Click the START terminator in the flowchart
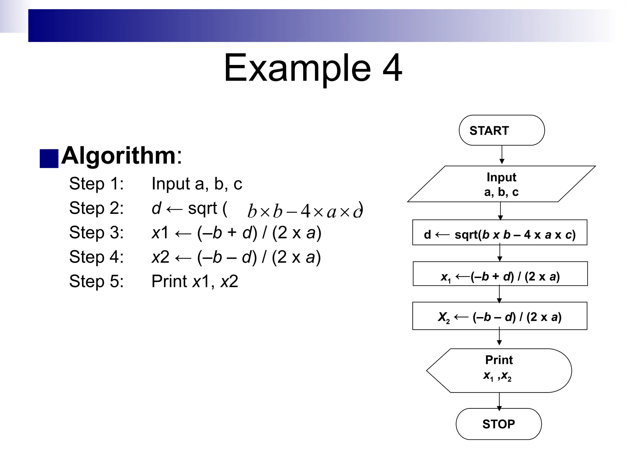501,130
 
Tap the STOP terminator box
498,424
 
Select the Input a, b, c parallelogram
501,184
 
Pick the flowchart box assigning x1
500,274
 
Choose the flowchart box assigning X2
500,316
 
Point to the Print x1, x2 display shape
499,370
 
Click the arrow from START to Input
502,155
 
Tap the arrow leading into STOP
499,401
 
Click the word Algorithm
118,155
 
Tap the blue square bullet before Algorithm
49,159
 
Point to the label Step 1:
96,184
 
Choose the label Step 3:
96,232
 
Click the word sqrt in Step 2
202,209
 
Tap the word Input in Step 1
171,184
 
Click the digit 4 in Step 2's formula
305,212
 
